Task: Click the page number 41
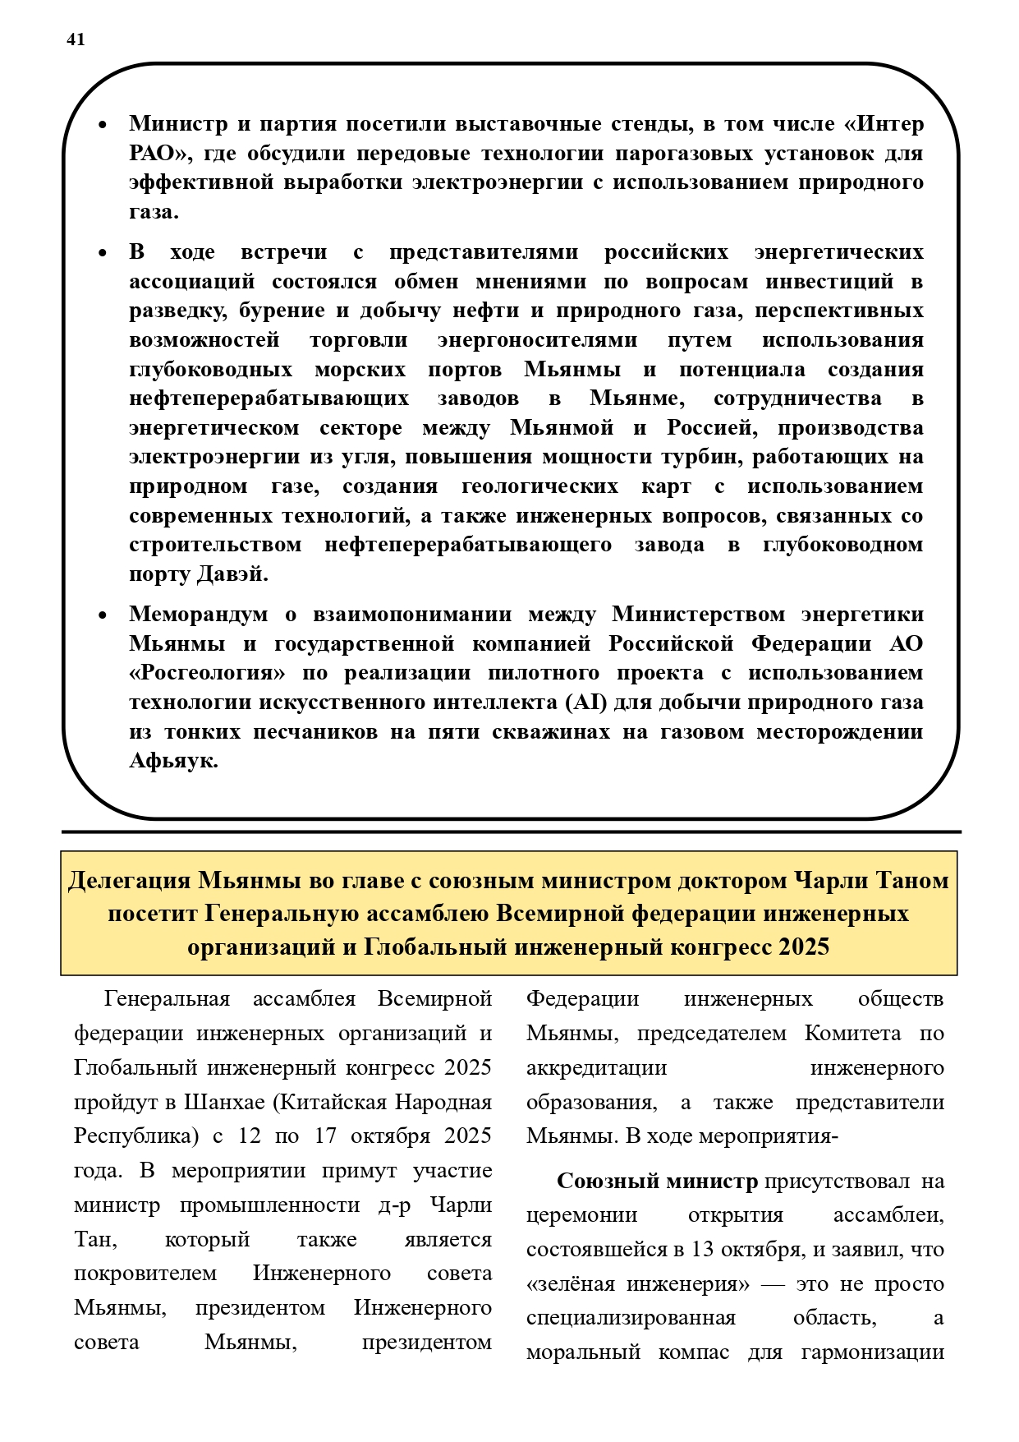[x=76, y=39]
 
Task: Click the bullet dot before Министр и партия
[x=103, y=126]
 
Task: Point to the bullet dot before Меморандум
[x=103, y=615]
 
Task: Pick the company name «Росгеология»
[x=208, y=673]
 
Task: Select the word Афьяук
[x=173, y=761]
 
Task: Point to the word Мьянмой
[x=562, y=427]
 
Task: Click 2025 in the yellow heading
[x=804, y=947]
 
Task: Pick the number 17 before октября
[x=325, y=1136]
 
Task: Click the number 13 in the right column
[x=703, y=1249]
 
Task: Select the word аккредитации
[x=596, y=1067]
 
